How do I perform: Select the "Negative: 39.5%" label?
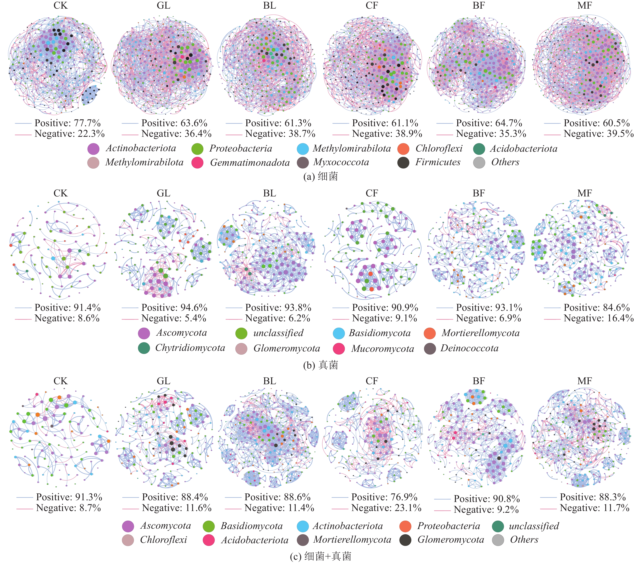598,134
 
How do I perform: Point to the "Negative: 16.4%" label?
598,318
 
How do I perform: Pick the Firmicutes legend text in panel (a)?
438,162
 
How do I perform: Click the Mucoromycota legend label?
383,349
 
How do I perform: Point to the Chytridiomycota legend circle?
144,348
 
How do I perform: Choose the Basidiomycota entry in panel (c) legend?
252,526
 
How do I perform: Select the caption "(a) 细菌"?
320,176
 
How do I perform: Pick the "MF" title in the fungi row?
584,193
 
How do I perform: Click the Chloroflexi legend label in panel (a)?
439,148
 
